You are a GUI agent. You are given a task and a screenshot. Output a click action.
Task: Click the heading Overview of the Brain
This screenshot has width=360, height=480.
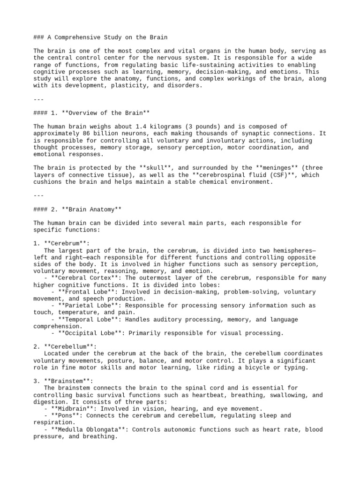[94, 113]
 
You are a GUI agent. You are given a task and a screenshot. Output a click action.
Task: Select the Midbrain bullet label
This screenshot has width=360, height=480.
[70, 409]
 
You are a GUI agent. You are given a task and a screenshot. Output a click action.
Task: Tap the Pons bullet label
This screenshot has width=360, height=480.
[63, 415]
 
